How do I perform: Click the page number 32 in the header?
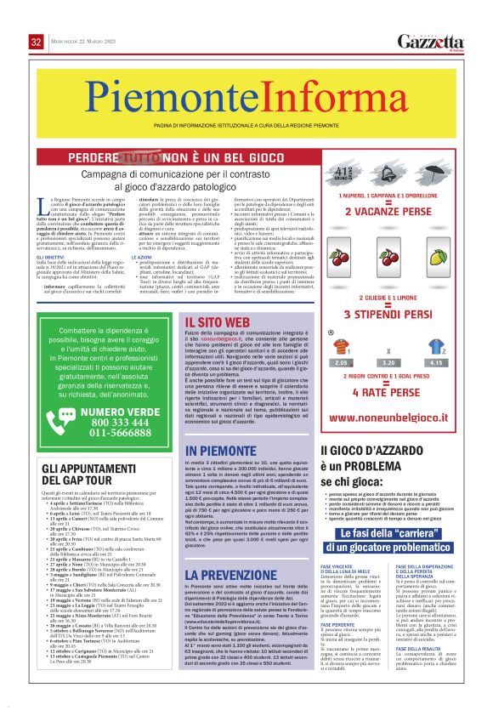pyautogui.click(x=36, y=42)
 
